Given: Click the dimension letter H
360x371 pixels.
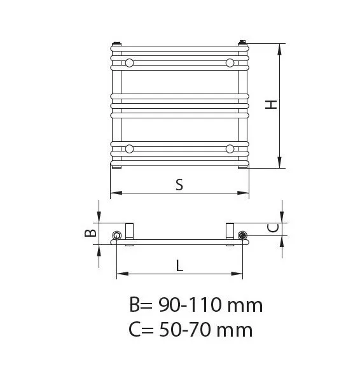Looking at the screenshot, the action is (271, 104).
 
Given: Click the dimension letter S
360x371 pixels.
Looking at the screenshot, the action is (179, 185).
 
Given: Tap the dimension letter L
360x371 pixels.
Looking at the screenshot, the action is (180, 265).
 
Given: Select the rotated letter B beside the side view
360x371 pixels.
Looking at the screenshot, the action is (90, 233).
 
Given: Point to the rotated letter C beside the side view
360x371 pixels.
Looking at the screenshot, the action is (273, 228).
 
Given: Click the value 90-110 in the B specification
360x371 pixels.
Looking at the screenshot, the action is (190, 305).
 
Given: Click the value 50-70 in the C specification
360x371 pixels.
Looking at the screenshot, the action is (185, 330).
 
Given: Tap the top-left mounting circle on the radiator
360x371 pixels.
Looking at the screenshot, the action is (129, 63).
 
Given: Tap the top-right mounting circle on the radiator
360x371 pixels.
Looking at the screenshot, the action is (230, 63).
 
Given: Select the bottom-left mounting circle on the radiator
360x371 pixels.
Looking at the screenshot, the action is (129, 149).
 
